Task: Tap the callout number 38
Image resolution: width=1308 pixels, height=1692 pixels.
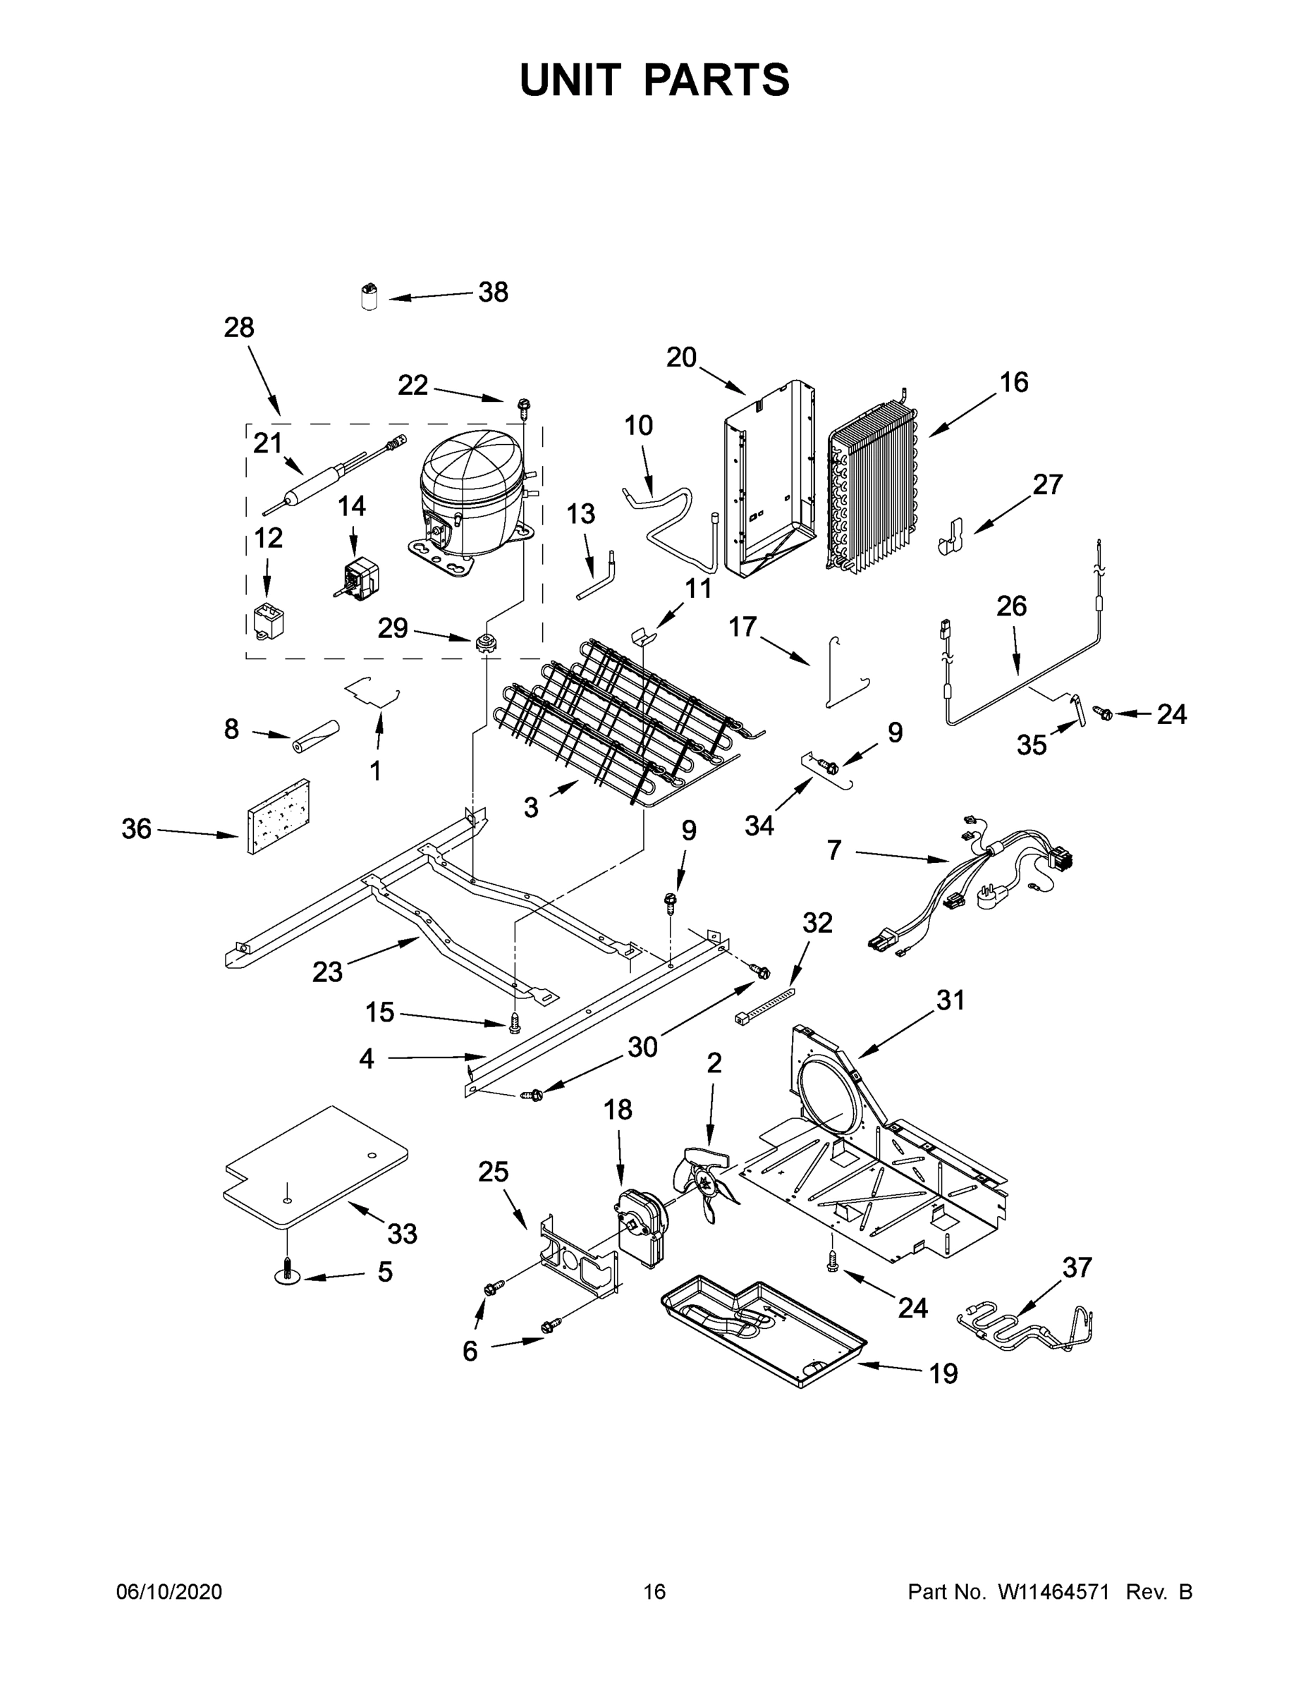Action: click(493, 292)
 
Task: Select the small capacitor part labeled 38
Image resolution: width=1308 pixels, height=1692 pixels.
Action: click(370, 297)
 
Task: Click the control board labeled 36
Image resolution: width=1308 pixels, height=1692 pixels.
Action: click(277, 816)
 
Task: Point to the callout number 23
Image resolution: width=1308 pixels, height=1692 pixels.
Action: click(327, 971)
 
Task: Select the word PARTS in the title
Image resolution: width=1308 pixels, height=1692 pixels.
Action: click(717, 80)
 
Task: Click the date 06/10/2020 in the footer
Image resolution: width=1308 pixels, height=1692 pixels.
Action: click(169, 1591)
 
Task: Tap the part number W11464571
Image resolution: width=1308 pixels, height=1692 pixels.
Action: click(1053, 1591)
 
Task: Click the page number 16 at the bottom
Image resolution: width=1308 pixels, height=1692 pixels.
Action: click(654, 1591)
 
